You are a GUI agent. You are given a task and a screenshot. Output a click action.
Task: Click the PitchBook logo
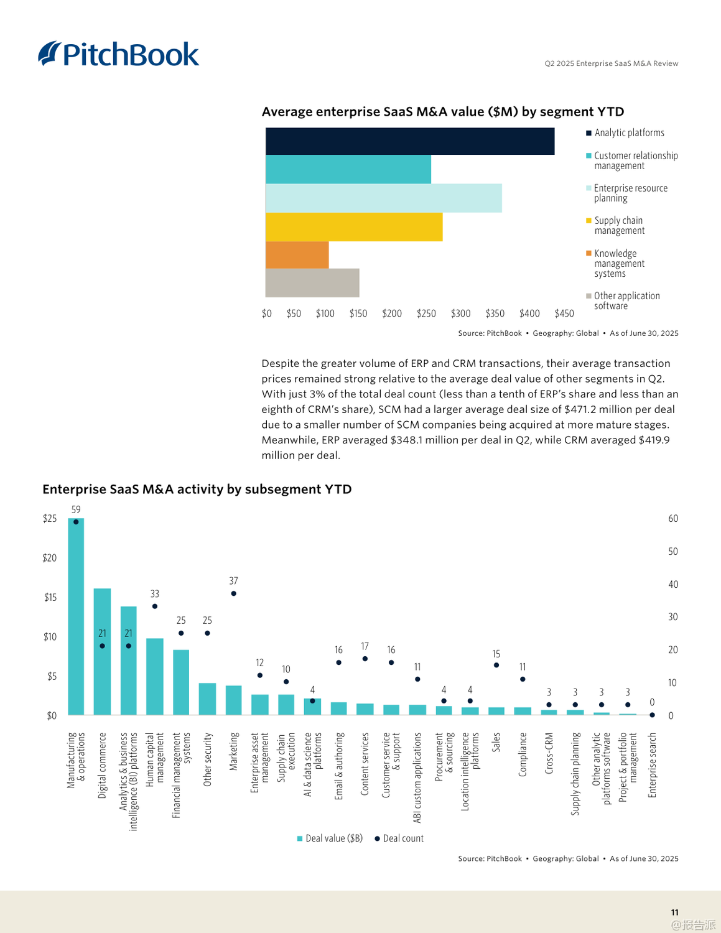pos(119,54)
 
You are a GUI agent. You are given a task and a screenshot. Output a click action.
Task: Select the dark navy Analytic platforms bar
pos(409,141)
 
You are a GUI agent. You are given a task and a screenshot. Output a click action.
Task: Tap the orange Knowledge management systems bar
pos(297,255)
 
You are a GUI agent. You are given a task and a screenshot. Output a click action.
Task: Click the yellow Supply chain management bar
pos(353,226)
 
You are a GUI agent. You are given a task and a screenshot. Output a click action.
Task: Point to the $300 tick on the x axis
pos(460,313)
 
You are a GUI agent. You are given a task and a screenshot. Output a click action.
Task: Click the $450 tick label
pos(564,313)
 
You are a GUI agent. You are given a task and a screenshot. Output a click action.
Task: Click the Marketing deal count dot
pos(233,593)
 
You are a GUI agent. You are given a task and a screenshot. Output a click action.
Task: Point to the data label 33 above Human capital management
pos(154,594)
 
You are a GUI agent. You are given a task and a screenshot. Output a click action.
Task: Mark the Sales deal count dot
pos(496,666)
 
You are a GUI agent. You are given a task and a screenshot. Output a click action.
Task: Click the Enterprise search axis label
pos(652,764)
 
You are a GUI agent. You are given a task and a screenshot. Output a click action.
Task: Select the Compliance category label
pos(523,754)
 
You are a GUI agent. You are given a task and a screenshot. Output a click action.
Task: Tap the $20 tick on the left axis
pos(50,558)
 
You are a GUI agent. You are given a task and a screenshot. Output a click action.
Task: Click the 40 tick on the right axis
pos(673,584)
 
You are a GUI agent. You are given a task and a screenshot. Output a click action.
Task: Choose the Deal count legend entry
pos(399,838)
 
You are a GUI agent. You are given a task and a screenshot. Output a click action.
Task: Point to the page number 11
pos(674,912)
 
